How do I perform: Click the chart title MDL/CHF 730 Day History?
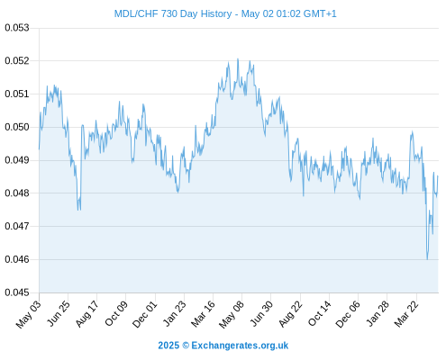[173, 13]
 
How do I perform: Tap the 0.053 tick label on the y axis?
[17, 28]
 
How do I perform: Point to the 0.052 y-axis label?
[17, 61]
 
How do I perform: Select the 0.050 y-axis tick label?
[17, 127]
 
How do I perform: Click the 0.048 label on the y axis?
[17, 193]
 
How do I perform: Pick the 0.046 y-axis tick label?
[17, 259]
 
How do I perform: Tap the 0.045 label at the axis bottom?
[17, 292]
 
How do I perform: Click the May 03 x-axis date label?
[29, 313]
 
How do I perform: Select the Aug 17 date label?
[86, 313]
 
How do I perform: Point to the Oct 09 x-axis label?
[116, 313]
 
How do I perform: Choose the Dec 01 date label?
[145, 313]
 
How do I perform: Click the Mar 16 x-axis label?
[204, 313]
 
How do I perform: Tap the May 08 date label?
[232, 313]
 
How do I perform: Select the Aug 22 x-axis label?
[290, 313]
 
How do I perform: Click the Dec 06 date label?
[348, 313]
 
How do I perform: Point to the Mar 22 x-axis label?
[406, 313]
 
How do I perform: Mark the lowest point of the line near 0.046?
[427, 259]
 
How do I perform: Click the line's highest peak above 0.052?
[238, 58]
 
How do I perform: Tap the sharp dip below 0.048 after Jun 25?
[78, 210]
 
